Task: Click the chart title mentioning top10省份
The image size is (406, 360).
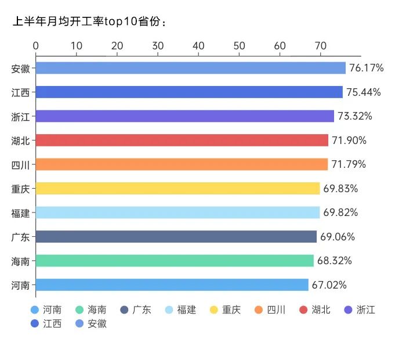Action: pyautogui.click(x=90, y=23)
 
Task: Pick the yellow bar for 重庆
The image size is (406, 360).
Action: pyautogui.click(x=177, y=188)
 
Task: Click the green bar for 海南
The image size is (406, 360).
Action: pyautogui.click(x=175, y=261)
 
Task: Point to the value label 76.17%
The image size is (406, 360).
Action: pyautogui.click(x=367, y=68)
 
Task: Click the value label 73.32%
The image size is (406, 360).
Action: pyautogui.click(x=355, y=116)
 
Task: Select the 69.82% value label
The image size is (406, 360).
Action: pyautogui.click(x=340, y=213)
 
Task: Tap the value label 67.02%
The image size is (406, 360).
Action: pyautogui.click(x=329, y=285)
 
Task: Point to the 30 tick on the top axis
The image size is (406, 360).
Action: pyautogui.click(x=158, y=46)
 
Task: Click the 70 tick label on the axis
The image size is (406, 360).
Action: pyautogui.click(x=321, y=46)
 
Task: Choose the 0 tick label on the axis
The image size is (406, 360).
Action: pyautogui.click(x=36, y=46)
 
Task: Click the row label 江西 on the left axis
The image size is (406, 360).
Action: pyautogui.click(x=21, y=92)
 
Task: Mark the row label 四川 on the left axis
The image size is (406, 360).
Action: pyautogui.click(x=21, y=164)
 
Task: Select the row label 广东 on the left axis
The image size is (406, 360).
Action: pyautogui.click(x=21, y=237)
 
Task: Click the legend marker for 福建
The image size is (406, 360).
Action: pyautogui.click(x=169, y=309)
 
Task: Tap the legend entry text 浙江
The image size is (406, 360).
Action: pyautogui.click(x=366, y=309)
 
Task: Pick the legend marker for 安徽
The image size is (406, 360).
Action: pyautogui.click(x=79, y=323)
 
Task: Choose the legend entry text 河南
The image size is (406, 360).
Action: pyautogui.click(x=52, y=309)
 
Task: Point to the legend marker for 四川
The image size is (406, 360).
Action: pyautogui.click(x=259, y=309)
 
